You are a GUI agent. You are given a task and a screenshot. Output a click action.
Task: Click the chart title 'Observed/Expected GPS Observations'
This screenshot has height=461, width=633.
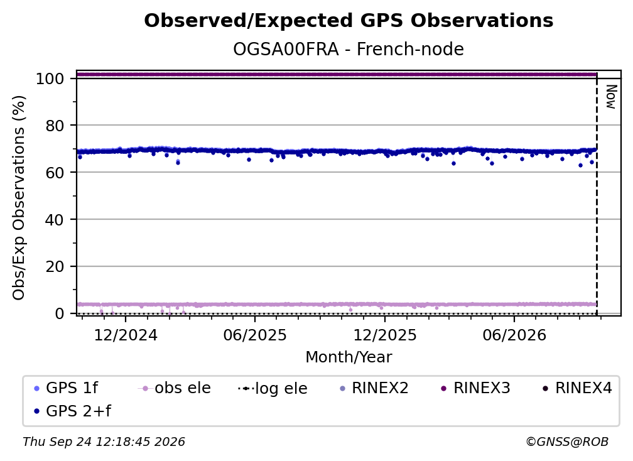click(349, 21)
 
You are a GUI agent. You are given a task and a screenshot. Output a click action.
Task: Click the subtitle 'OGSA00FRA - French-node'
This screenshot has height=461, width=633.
click(349, 49)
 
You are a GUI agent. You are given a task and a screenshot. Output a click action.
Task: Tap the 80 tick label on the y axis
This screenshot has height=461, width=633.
click(55, 126)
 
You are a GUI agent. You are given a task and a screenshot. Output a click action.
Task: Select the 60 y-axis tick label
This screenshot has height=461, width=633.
click(55, 172)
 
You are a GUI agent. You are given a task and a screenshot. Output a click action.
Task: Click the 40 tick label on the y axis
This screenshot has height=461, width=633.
click(55, 220)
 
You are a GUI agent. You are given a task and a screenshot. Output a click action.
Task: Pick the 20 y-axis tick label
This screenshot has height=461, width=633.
click(55, 266)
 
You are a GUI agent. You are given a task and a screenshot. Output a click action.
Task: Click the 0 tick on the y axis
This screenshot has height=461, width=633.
click(60, 313)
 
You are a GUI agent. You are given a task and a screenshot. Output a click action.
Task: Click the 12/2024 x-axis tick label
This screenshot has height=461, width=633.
click(126, 335)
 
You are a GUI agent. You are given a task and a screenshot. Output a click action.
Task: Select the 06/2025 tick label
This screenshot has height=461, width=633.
click(255, 335)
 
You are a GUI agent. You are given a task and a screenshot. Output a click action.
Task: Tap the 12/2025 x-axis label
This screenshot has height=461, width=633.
click(385, 335)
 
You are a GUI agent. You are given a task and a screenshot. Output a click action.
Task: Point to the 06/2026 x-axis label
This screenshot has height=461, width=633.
click(514, 335)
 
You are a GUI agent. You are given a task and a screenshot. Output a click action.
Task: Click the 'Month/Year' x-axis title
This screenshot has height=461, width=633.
click(349, 357)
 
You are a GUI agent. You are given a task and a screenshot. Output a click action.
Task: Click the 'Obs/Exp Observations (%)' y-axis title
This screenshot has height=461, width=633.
click(19, 198)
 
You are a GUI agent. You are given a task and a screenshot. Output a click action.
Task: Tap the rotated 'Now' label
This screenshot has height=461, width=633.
click(611, 97)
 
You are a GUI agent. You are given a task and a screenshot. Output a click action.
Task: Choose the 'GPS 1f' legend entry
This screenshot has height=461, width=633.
click(67, 388)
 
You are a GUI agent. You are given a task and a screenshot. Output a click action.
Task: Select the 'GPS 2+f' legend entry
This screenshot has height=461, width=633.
click(73, 411)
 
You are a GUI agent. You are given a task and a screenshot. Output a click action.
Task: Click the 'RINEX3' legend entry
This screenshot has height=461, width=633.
click(475, 388)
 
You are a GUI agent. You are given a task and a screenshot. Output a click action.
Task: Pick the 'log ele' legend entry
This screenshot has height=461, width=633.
click(273, 388)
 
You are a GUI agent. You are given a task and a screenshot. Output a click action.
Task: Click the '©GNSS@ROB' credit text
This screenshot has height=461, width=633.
click(567, 442)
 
